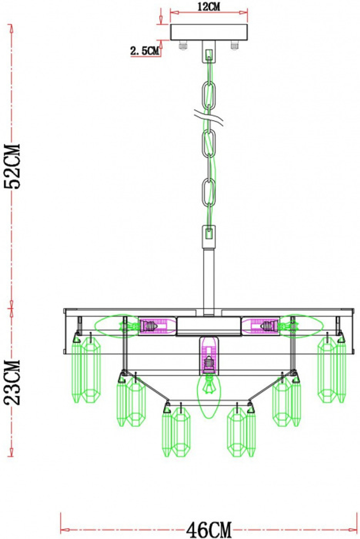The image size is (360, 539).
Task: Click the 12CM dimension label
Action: tap(209, 6)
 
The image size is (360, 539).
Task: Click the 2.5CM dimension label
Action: tap(144, 51)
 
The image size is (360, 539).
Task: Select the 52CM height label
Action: tap(12, 166)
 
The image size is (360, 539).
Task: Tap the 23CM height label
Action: tap(12, 382)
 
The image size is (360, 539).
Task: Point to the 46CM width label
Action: tap(209, 530)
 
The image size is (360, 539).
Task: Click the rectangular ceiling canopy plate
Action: tap(209, 32)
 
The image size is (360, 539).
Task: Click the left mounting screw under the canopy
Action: tap(183, 45)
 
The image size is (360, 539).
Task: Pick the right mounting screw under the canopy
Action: tap(235, 45)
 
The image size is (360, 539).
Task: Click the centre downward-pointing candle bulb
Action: tap(209, 396)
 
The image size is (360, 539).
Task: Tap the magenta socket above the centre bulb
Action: tap(209, 355)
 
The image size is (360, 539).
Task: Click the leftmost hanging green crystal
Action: tap(77, 371)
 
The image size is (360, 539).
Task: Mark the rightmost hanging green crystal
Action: tap(341, 371)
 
